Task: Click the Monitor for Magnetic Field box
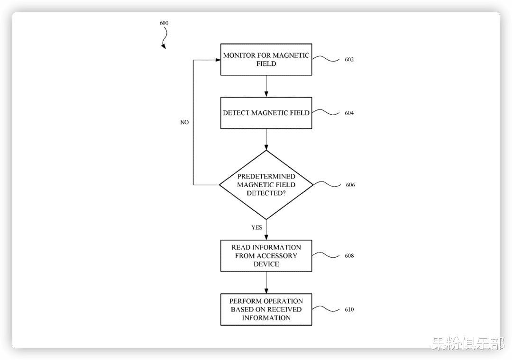click(x=266, y=59)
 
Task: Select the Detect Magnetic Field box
click(x=266, y=113)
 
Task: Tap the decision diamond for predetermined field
click(x=266, y=185)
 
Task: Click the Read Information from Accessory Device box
click(x=266, y=256)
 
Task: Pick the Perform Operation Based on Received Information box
click(x=266, y=309)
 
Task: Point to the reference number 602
click(x=349, y=59)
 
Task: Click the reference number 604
click(x=349, y=113)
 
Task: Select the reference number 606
click(x=350, y=185)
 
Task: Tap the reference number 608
click(x=349, y=256)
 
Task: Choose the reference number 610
click(x=349, y=309)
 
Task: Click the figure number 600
click(x=164, y=23)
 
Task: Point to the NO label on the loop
click(x=184, y=122)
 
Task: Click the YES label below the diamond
click(x=256, y=227)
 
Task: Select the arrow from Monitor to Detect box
click(x=266, y=86)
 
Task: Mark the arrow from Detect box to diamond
click(x=266, y=139)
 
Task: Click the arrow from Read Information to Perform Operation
click(x=266, y=283)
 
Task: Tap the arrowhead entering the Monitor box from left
click(x=218, y=60)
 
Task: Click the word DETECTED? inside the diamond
click(x=266, y=193)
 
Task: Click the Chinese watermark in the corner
click(x=468, y=344)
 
